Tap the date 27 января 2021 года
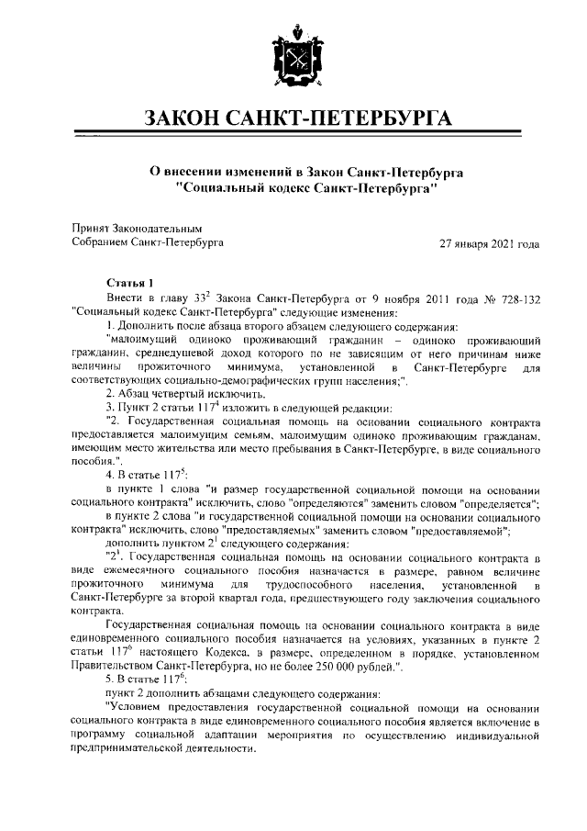pyautogui.click(x=490, y=244)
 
